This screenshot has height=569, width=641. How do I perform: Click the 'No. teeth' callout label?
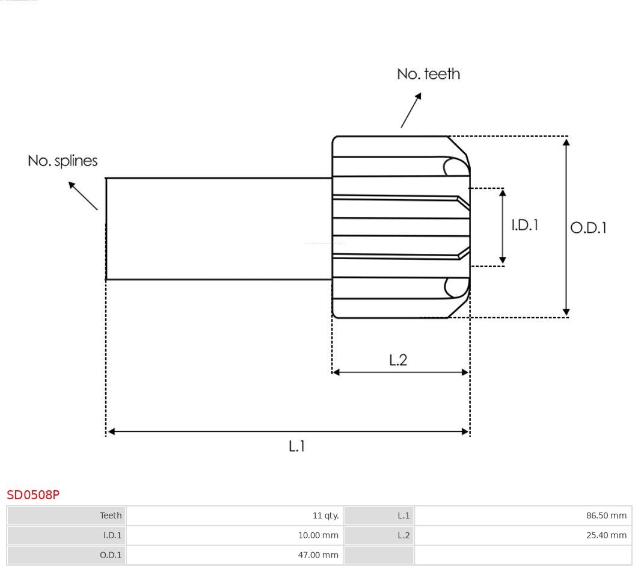click(428, 74)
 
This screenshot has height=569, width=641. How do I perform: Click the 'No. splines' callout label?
click(63, 161)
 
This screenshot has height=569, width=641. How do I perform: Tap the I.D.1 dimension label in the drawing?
click(524, 225)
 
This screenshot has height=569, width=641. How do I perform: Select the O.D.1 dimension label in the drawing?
click(588, 227)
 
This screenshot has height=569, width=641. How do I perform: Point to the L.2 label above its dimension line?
click(398, 360)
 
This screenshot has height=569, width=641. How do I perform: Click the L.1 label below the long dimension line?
click(297, 446)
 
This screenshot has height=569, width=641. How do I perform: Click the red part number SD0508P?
click(33, 495)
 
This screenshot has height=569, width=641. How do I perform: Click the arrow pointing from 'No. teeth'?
click(411, 110)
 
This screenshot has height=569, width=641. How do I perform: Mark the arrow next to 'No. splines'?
click(82, 195)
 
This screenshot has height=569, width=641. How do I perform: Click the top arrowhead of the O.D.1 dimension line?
click(566, 142)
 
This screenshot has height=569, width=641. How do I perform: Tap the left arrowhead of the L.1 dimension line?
click(111, 431)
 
